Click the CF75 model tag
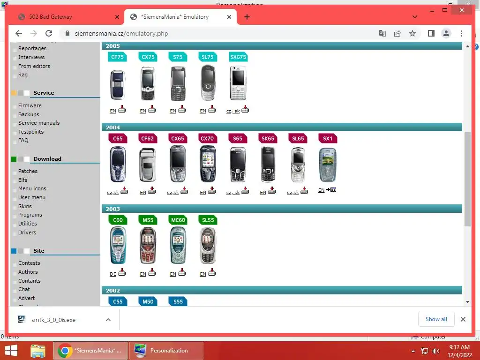pyautogui.click(x=118, y=57)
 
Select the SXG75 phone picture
pyautogui.click(x=238, y=83)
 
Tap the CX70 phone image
pyautogui.click(x=208, y=164)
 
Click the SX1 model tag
pyautogui.click(x=328, y=139)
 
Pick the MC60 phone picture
pyautogui.click(x=178, y=245)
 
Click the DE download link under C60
pyautogui.click(x=113, y=274)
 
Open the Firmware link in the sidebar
pyautogui.click(x=30, y=105)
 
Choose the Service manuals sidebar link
pyautogui.click(x=39, y=123)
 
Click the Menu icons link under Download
pyautogui.click(x=32, y=188)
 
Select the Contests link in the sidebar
pyautogui.click(x=29, y=263)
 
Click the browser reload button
pyautogui.click(x=49, y=33)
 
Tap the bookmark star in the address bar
pyautogui.click(x=412, y=33)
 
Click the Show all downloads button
pyautogui.click(x=436, y=319)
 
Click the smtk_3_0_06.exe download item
pyautogui.click(x=53, y=320)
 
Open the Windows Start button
pyautogui.click(x=11, y=351)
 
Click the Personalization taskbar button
pyautogui.click(x=166, y=351)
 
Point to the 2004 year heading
pyautogui.click(x=113, y=127)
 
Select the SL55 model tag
pyautogui.click(x=208, y=220)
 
